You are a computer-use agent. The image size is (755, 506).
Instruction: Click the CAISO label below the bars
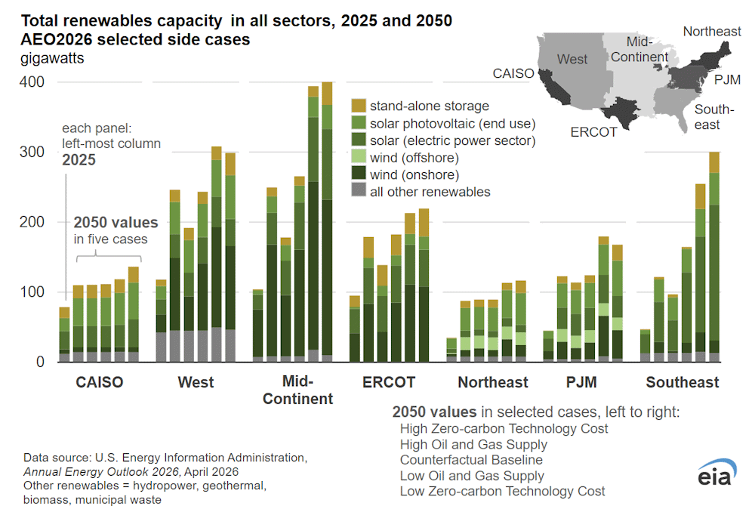99,383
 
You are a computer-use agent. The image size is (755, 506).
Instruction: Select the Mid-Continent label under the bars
298,390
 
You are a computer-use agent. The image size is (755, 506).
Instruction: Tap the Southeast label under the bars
683,383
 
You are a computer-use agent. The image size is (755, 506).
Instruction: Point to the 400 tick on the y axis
34,82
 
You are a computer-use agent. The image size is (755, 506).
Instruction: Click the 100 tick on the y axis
34,292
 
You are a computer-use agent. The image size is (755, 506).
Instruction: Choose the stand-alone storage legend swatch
359,106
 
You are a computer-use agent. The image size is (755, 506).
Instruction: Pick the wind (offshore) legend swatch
359,158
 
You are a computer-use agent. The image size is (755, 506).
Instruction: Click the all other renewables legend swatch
359,192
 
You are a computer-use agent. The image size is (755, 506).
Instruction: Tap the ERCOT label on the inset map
593,132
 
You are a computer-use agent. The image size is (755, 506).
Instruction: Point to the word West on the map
572,60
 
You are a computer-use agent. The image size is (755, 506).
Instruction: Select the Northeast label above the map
712,31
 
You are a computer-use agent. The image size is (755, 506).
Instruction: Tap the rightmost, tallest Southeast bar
714,257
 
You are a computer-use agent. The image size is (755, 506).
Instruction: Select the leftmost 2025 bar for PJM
548,347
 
